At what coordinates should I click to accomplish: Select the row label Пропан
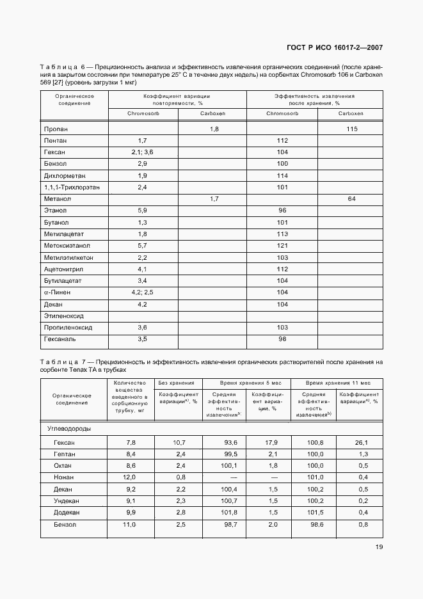[56, 129]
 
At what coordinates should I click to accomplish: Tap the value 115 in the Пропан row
[351, 129]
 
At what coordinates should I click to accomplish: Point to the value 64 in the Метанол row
[351, 199]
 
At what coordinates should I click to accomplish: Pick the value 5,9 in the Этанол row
[143, 211]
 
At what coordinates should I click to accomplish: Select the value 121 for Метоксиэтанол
[282, 245]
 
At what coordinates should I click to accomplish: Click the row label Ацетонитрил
[64, 269]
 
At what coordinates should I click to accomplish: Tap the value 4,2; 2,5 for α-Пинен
[143, 292]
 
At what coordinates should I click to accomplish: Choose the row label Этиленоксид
[64, 315]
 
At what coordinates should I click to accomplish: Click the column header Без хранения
[177, 382]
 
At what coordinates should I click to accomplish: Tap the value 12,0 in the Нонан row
[131, 477]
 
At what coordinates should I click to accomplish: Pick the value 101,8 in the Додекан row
[228, 512]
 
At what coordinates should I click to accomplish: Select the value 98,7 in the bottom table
[228, 524]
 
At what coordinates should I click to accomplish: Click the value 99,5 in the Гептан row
[228, 454]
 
